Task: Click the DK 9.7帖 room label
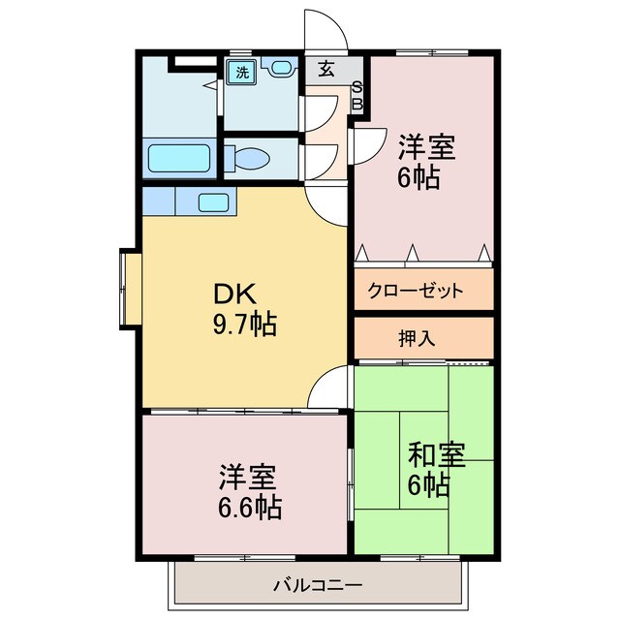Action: (244, 308)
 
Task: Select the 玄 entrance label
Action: (326, 70)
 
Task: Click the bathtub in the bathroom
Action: (178, 158)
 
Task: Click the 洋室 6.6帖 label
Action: (248, 491)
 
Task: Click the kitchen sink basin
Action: (213, 202)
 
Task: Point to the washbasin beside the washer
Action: (281, 69)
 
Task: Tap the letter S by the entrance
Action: (356, 87)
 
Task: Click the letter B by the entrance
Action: (356, 103)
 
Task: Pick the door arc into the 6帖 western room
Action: (366, 145)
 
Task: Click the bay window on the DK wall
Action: (128, 288)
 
